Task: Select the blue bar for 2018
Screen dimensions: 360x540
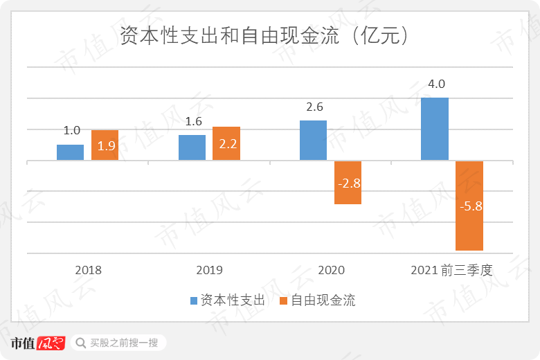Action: click(x=70, y=152)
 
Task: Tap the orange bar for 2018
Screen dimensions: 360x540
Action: click(x=105, y=145)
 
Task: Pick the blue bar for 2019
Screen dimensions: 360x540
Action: click(x=192, y=147)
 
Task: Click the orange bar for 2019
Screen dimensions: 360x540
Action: click(x=226, y=143)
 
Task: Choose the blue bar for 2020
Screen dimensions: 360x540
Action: click(x=313, y=141)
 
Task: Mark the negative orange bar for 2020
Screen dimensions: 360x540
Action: click(x=348, y=183)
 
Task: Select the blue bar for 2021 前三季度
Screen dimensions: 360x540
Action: click(x=435, y=129)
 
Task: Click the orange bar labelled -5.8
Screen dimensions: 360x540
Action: click(x=469, y=206)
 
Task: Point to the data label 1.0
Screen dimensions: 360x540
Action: click(x=72, y=130)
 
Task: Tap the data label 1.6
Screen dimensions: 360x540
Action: click(x=193, y=122)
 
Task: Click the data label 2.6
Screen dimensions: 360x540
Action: click(x=314, y=107)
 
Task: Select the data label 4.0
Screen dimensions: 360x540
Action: click(x=436, y=84)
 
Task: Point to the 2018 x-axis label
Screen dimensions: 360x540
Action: click(x=87, y=270)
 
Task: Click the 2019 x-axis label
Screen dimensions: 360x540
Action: click(x=209, y=270)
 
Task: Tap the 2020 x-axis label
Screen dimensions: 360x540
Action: click(x=330, y=270)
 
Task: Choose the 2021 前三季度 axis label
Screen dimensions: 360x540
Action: click(x=451, y=270)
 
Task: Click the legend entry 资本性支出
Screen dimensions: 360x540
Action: click(x=228, y=300)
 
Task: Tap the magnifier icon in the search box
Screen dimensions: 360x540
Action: click(x=81, y=343)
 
